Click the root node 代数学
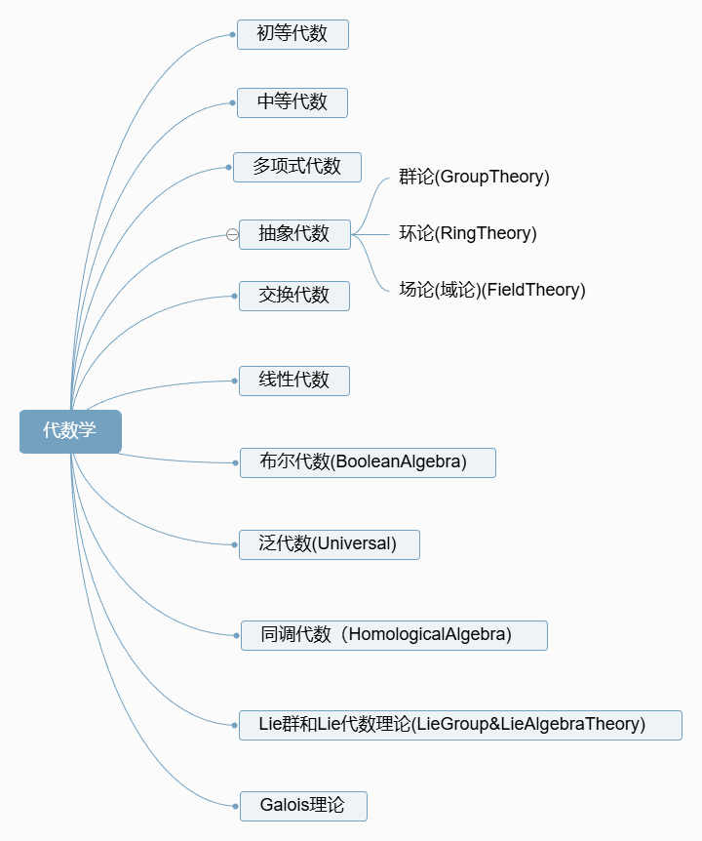coord(70,431)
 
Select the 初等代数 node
coord(292,34)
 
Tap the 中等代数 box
coord(292,102)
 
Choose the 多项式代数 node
coord(297,167)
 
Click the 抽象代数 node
coord(294,234)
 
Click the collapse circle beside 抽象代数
coord(232,234)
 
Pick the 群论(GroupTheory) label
coord(474,177)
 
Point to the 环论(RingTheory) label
coord(468,233)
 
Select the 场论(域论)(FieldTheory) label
coord(492,290)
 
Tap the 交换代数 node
coord(294,296)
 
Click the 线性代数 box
coord(294,380)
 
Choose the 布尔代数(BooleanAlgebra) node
coord(368,462)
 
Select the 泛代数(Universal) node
coord(330,544)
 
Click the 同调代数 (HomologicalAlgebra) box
coord(394,635)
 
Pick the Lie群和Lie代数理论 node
coord(460,725)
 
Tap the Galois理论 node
coord(303,806)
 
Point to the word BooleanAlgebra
coord(400,462)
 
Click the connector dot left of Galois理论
coord(235,806)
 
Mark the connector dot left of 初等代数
coord(232,34)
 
